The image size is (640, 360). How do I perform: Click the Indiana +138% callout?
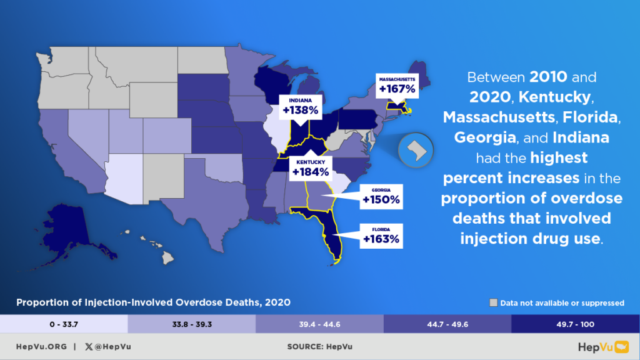(304, 107)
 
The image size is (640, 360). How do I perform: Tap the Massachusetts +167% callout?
(397, 85)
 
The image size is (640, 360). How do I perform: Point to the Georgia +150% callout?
(381, 197)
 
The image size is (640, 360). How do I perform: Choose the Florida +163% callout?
(381, 235)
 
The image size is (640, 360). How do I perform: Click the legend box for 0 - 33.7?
(64, 323)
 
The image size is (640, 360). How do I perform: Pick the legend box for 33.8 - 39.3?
(191, 323)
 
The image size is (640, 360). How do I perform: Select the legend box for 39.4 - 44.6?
(319, 323)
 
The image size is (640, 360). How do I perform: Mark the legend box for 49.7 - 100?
(575, 323)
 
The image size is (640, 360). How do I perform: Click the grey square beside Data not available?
(494, 303)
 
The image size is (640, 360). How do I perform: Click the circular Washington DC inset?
(416, 151)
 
